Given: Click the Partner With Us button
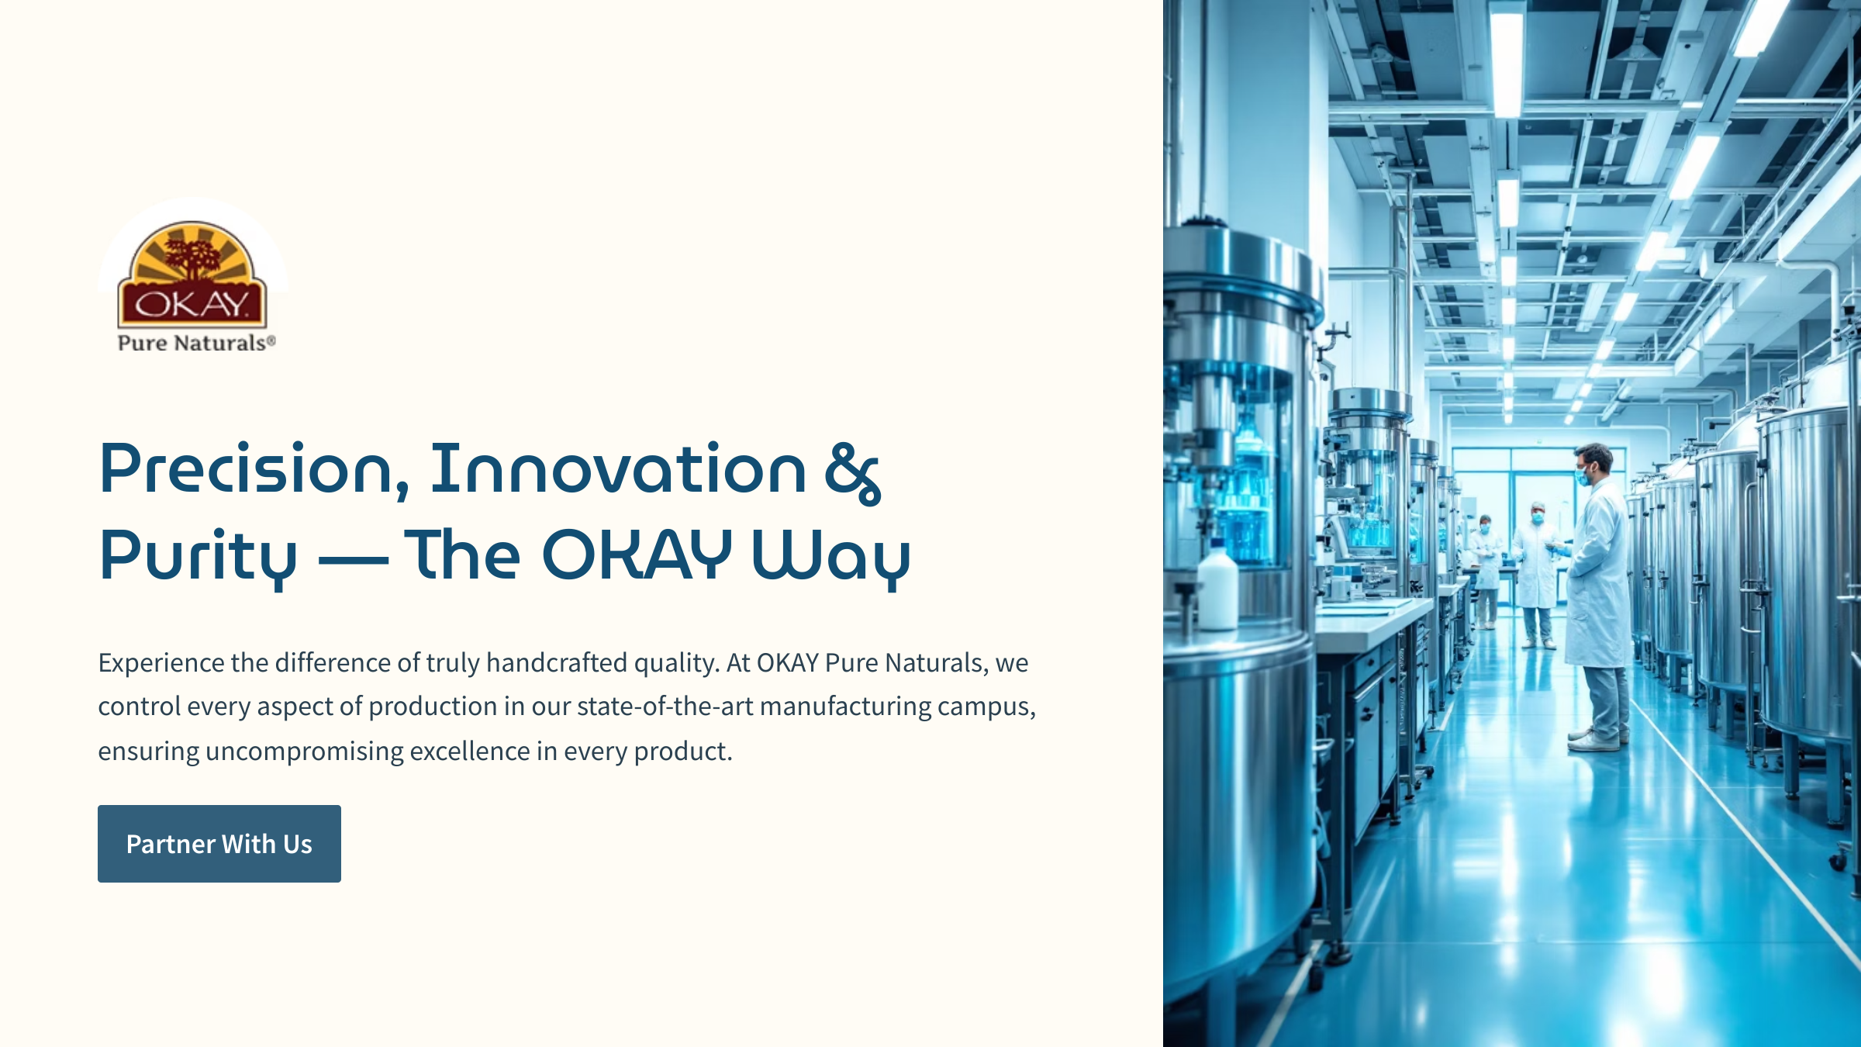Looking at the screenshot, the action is pos(219,843).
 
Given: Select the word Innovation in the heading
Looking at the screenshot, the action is pos(618,468).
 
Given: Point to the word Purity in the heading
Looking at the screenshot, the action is pos(199,557).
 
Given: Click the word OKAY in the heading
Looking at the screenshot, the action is pos(637,554).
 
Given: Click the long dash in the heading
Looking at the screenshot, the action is pos(354,557).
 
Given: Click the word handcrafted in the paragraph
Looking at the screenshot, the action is pos(556,662).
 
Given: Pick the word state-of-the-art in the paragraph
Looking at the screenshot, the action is pos(665,707).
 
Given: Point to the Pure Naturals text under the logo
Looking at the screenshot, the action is pos(196,343).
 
